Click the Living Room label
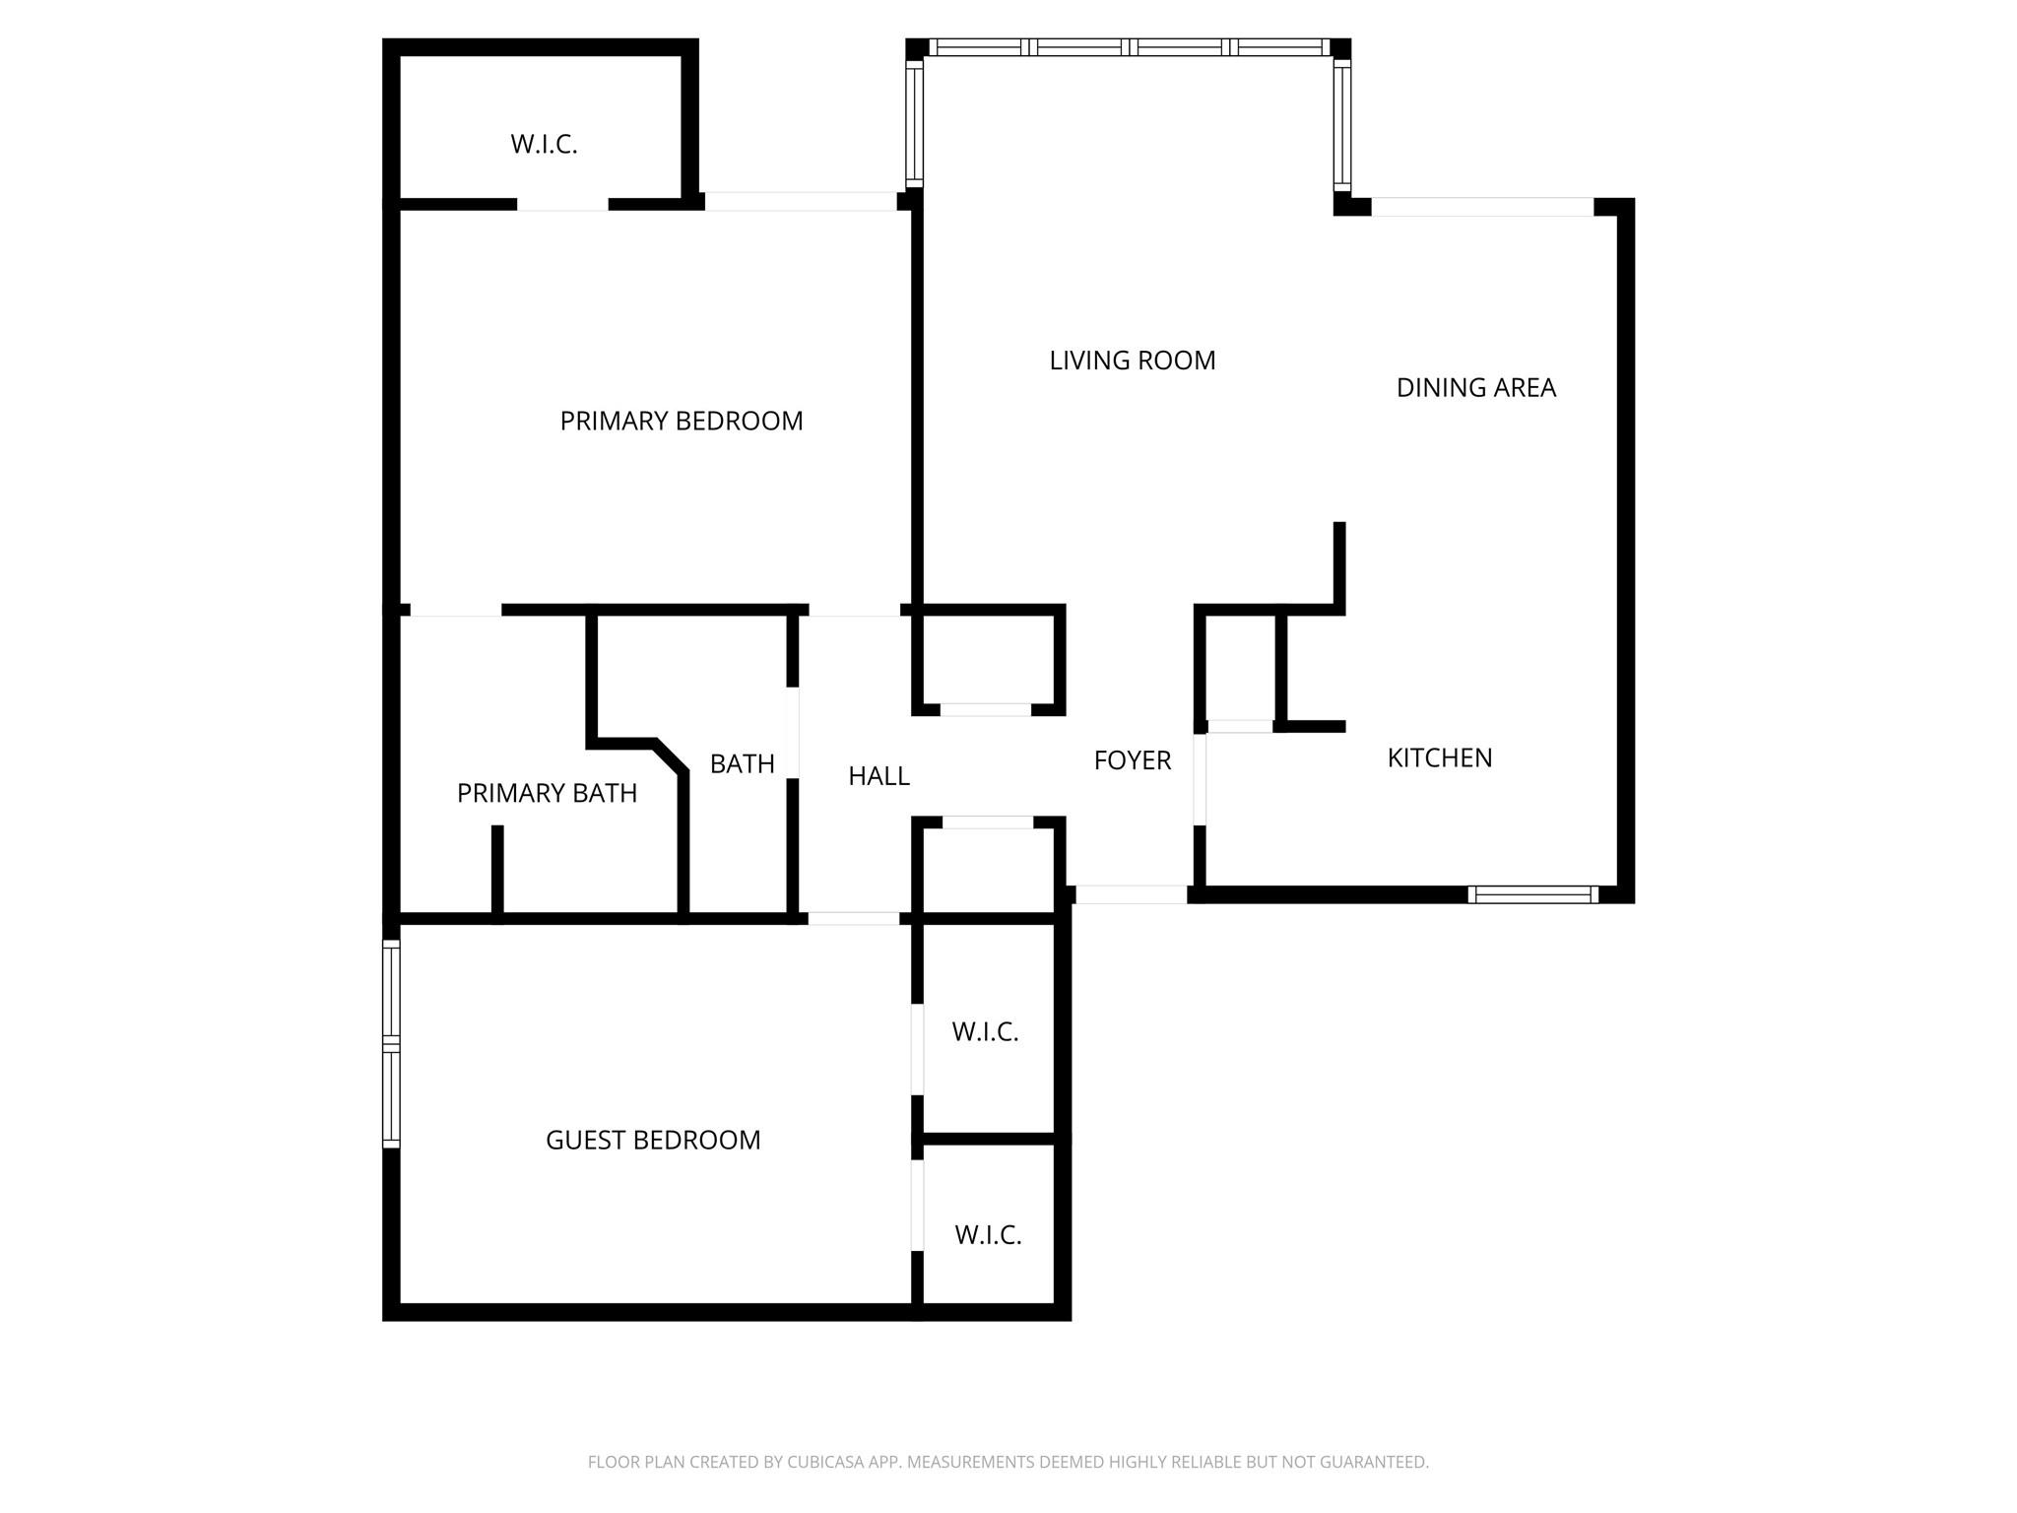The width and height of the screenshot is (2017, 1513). coord(1133,361)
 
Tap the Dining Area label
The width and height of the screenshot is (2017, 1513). coord(1476,388)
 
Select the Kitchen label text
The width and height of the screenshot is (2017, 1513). coord(1440,757)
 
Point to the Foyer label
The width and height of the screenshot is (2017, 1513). coord(1133,760)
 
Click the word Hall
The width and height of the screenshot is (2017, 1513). coord(878,776)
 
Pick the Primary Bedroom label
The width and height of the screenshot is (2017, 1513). coord(682,422)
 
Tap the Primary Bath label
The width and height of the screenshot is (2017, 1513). coord(547,793)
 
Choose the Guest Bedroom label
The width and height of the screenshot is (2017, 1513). coord(653,1140)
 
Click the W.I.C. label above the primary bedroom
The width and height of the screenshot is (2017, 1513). coord(544,145)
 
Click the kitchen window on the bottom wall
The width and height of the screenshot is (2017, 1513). coord(1532,894)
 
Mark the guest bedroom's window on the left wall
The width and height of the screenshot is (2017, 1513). coord(391,1044)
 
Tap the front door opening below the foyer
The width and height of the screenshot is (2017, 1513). coord(1131,894)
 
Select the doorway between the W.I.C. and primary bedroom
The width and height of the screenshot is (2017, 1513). coord(562,204)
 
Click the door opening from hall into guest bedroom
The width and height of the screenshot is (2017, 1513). coord(854,918)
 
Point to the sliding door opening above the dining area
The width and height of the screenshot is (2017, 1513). coord(1482,207)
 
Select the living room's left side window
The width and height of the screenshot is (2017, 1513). coord(914,123)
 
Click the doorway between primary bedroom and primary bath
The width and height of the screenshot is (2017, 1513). coord(455,610)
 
